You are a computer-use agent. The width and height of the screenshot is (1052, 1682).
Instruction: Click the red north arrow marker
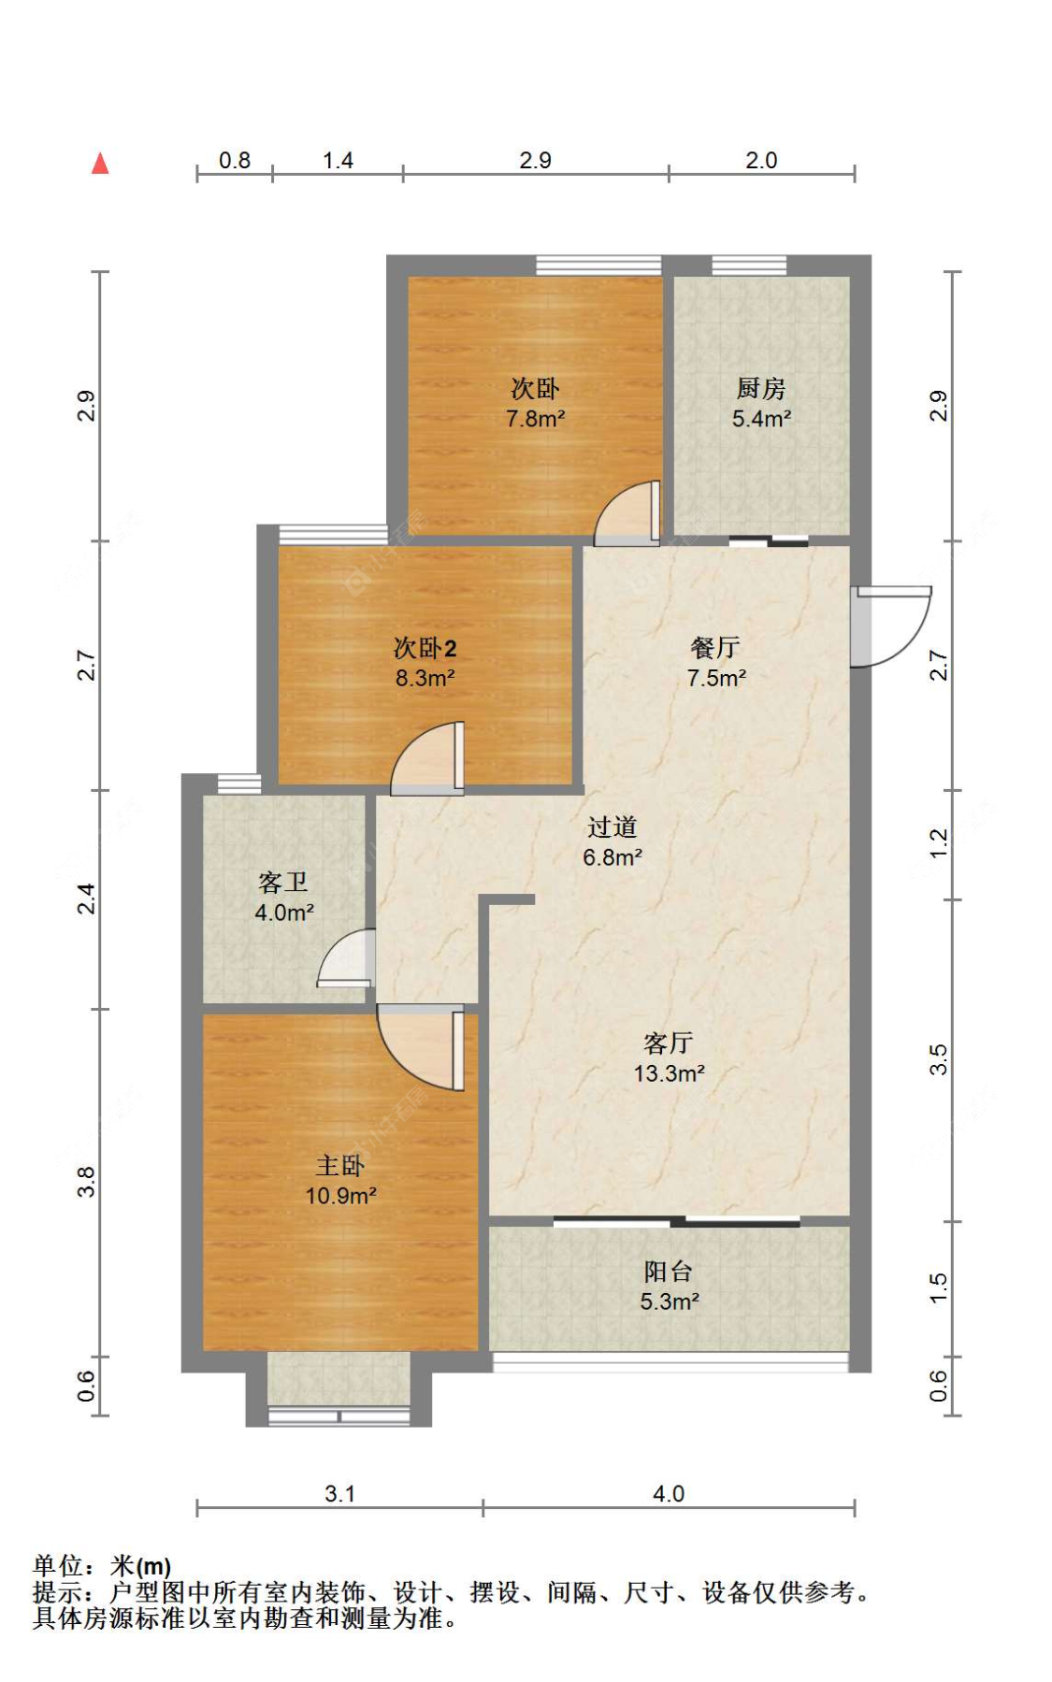pos(100,164)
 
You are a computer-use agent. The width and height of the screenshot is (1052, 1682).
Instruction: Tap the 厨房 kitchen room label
pos(761,388)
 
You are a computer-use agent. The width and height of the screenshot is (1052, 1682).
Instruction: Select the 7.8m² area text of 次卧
pos(535,419)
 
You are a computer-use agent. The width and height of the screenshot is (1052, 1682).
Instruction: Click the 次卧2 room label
pos(425,648)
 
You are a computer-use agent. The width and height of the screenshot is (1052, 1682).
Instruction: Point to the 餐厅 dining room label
pos(716,648)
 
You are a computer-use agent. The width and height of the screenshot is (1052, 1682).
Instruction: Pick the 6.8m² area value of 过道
pos(612,857)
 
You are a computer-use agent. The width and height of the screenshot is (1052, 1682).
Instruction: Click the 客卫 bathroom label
pos(283,882)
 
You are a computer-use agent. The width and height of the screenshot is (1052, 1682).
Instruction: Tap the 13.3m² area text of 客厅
pos(670,1073)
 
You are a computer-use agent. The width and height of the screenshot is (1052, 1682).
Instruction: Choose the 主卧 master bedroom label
pos(340,1165)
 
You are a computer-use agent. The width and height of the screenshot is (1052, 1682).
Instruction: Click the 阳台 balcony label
pos(669,1271)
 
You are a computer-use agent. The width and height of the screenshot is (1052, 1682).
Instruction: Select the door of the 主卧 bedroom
pos(421,1047)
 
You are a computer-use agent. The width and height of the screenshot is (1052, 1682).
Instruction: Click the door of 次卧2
pos(427,758)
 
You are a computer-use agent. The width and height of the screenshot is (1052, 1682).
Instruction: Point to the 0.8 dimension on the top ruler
pos(235,161)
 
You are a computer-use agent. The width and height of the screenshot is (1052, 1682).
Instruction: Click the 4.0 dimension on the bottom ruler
pos(669,1494)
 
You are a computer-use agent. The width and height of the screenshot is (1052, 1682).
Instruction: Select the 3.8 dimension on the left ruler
pos(86,1182)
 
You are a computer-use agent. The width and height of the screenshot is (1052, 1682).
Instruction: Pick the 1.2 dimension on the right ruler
pos(939,844)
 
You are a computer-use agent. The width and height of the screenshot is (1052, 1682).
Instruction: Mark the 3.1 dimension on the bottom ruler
pos(339,1494)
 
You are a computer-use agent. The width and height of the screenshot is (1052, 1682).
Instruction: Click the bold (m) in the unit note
pos(154,1567)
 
